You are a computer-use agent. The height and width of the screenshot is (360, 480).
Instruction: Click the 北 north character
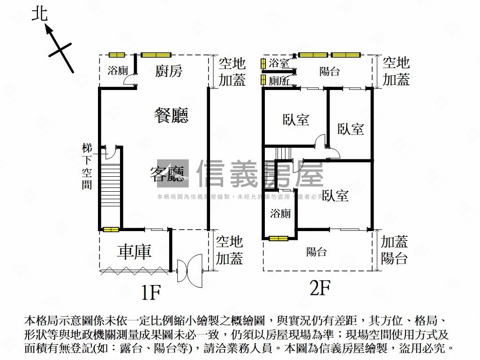tap(40, 14)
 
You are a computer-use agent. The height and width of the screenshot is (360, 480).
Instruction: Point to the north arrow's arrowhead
tap(48, 30)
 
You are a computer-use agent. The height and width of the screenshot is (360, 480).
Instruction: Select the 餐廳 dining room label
tap(171, 115)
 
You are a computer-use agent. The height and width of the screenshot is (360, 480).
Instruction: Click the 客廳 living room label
tap(169, 174)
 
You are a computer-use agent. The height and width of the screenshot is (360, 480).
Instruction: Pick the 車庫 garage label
tap(135, 252)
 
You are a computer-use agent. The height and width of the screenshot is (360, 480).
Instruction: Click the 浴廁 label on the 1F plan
tap(117, 71)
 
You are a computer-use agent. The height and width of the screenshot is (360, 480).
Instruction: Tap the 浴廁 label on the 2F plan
tap(280, 214)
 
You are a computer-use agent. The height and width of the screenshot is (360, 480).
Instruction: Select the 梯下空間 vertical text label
tap(87, 166)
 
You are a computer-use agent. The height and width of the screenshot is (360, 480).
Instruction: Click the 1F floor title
tap(151, 292)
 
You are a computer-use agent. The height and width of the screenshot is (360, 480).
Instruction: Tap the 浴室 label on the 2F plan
tap(279, 63)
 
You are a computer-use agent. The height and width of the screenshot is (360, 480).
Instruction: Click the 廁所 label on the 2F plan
tap(279, 81)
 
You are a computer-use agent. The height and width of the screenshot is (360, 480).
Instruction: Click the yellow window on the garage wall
tap(111, 229)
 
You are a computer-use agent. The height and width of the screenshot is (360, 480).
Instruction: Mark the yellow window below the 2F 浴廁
tap(278, 238)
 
